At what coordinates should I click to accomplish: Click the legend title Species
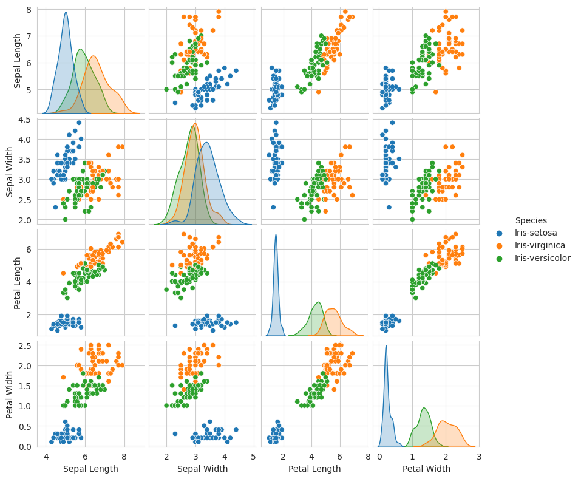531,220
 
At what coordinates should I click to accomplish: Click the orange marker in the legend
500,245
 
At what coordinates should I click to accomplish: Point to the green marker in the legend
500,258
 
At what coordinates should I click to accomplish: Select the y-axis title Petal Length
18,283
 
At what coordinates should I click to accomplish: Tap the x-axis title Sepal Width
202,469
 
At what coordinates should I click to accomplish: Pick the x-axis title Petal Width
426,469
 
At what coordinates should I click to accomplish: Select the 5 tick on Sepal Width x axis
253,456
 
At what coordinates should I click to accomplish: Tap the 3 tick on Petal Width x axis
478,456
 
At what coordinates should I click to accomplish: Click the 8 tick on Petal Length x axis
368,456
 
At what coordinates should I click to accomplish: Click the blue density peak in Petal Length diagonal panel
276,235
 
